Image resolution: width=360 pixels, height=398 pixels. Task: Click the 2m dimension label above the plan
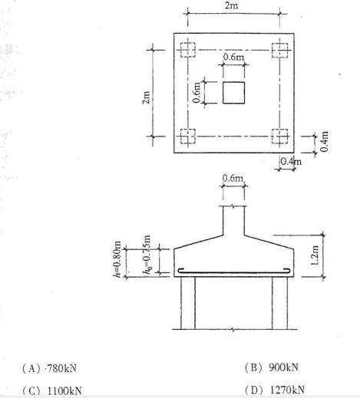[231, 5]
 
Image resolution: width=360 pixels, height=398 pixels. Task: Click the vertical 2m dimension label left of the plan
[146, 97]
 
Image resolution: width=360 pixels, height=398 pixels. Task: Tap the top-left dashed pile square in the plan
[188, 50]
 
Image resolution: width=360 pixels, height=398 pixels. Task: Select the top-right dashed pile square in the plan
[279, 50]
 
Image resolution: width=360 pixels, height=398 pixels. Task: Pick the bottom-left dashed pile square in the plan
[188, 137]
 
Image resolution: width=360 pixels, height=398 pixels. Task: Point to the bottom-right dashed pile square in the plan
[279, 137]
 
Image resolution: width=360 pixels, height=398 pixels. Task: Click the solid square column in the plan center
[233, 93]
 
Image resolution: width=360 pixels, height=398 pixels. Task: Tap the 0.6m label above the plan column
[233, 57]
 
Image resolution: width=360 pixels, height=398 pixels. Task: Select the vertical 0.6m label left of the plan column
[197, 92]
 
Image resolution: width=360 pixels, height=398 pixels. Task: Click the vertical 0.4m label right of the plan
[324, 141]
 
